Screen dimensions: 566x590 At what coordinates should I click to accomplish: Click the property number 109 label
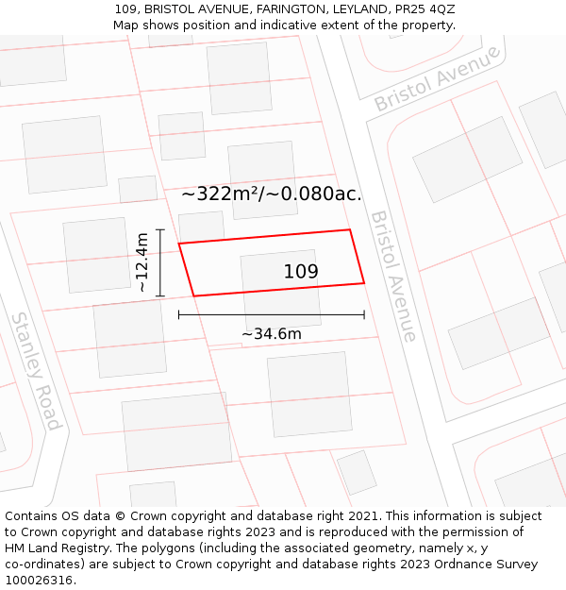click(x=301, y=272)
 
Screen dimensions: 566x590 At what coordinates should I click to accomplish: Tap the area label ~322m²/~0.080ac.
click(x=271, y=194)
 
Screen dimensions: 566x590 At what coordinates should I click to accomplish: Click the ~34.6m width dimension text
click(x=272, y=333)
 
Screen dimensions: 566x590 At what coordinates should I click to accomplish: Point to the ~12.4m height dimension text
click(x=142, y=262)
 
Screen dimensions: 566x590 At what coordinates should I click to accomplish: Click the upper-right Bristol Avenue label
click(x=437, y=78)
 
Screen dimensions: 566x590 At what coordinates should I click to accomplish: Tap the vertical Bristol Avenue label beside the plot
click(x=393, y=276)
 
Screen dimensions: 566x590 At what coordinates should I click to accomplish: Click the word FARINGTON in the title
click(x=284, y=8)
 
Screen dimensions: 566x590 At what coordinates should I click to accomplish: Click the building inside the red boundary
click(x=280, y=283)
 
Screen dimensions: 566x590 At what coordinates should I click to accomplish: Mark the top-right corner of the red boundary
click(x=350, y=229)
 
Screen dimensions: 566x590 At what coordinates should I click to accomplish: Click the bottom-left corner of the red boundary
click(x=194, y=295)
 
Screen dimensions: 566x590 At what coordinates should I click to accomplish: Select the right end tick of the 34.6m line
click(x=364, y=314)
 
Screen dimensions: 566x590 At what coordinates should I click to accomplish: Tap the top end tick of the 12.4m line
click(x=160, y=229)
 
